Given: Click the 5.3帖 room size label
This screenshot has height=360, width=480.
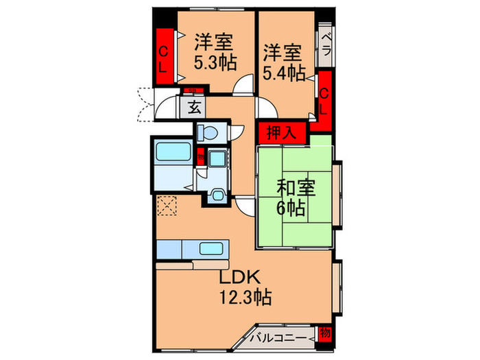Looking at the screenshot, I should point(215,63).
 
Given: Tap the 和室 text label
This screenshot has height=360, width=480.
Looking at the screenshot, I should point(292,187).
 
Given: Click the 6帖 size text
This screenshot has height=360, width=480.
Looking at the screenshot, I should point(292,207).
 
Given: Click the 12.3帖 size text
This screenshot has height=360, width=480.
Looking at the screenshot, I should point(245,298).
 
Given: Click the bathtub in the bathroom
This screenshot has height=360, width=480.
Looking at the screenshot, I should point(171,151).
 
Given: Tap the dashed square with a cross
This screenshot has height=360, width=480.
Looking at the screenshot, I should point(167,205).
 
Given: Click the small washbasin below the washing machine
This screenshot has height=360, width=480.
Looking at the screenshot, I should point(218,194).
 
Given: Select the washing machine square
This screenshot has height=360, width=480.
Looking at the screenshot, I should point(218,160).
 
